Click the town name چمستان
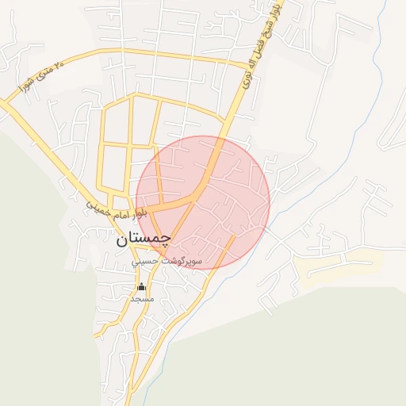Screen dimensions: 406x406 click(x=144, y=237)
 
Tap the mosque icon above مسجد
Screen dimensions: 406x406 click(x=142, y=287)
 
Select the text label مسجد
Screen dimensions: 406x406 click(x=142, y=300)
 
